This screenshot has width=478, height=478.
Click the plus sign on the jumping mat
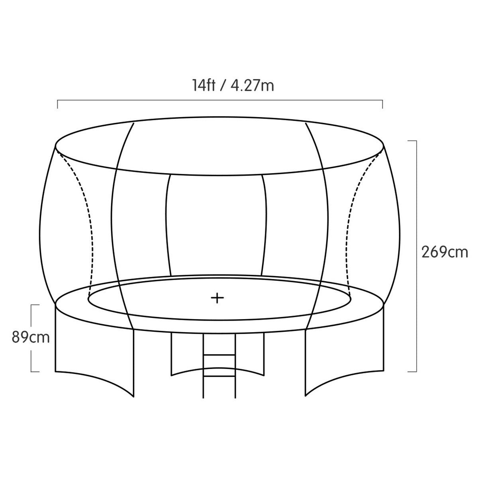click(217, 298)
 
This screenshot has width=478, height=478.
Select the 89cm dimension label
click(31, 338)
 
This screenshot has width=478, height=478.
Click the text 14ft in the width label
click(204, 86)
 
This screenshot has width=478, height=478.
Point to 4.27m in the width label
click(253, 86)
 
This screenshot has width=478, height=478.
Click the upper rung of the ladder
click(219, 355)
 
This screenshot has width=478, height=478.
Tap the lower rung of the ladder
click(219, 376)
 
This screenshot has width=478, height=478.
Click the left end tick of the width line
click(57, 104)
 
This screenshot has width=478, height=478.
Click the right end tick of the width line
click(382, 104)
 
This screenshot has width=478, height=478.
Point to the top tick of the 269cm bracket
click(412, 141)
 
